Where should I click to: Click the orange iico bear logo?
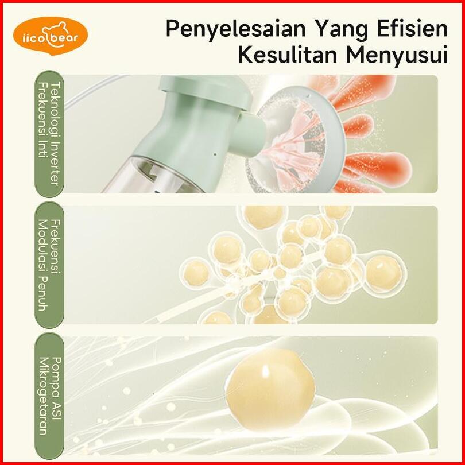(51, 36)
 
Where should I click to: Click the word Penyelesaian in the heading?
(235, 29)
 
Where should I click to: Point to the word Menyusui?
(397, 56)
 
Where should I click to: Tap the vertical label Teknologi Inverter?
(56, 134)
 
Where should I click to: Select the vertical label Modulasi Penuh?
(43, 265)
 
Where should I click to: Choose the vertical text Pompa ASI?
(56, 388)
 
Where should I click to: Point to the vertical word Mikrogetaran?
(43, 396)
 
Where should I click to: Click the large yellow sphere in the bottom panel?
(270, 390)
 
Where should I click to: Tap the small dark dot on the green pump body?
(215, 154)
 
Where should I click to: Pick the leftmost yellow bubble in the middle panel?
(196, 273)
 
